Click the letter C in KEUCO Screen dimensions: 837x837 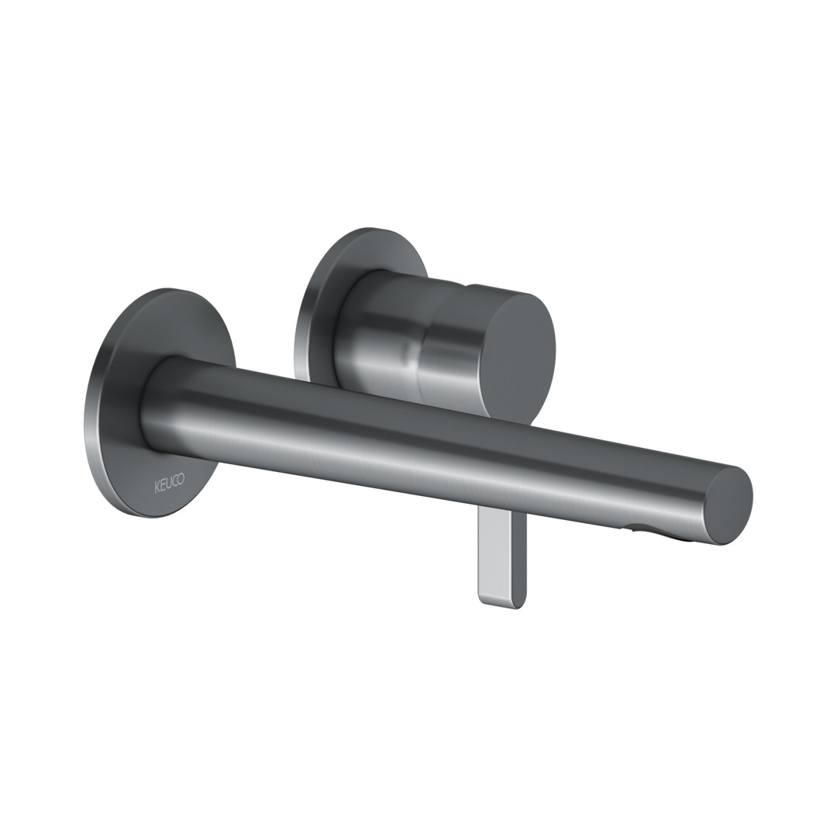point(175,480)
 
